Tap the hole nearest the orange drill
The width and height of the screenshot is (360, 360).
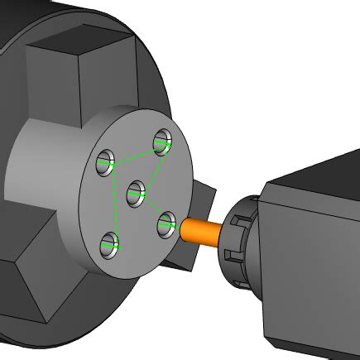(166, 223)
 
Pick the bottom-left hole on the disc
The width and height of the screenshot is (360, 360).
(109, 244)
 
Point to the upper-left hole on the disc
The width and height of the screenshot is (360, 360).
(105, 162)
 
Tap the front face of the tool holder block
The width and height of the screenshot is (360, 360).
(310, 273)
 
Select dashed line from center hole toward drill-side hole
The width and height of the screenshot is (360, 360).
(151, 209)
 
